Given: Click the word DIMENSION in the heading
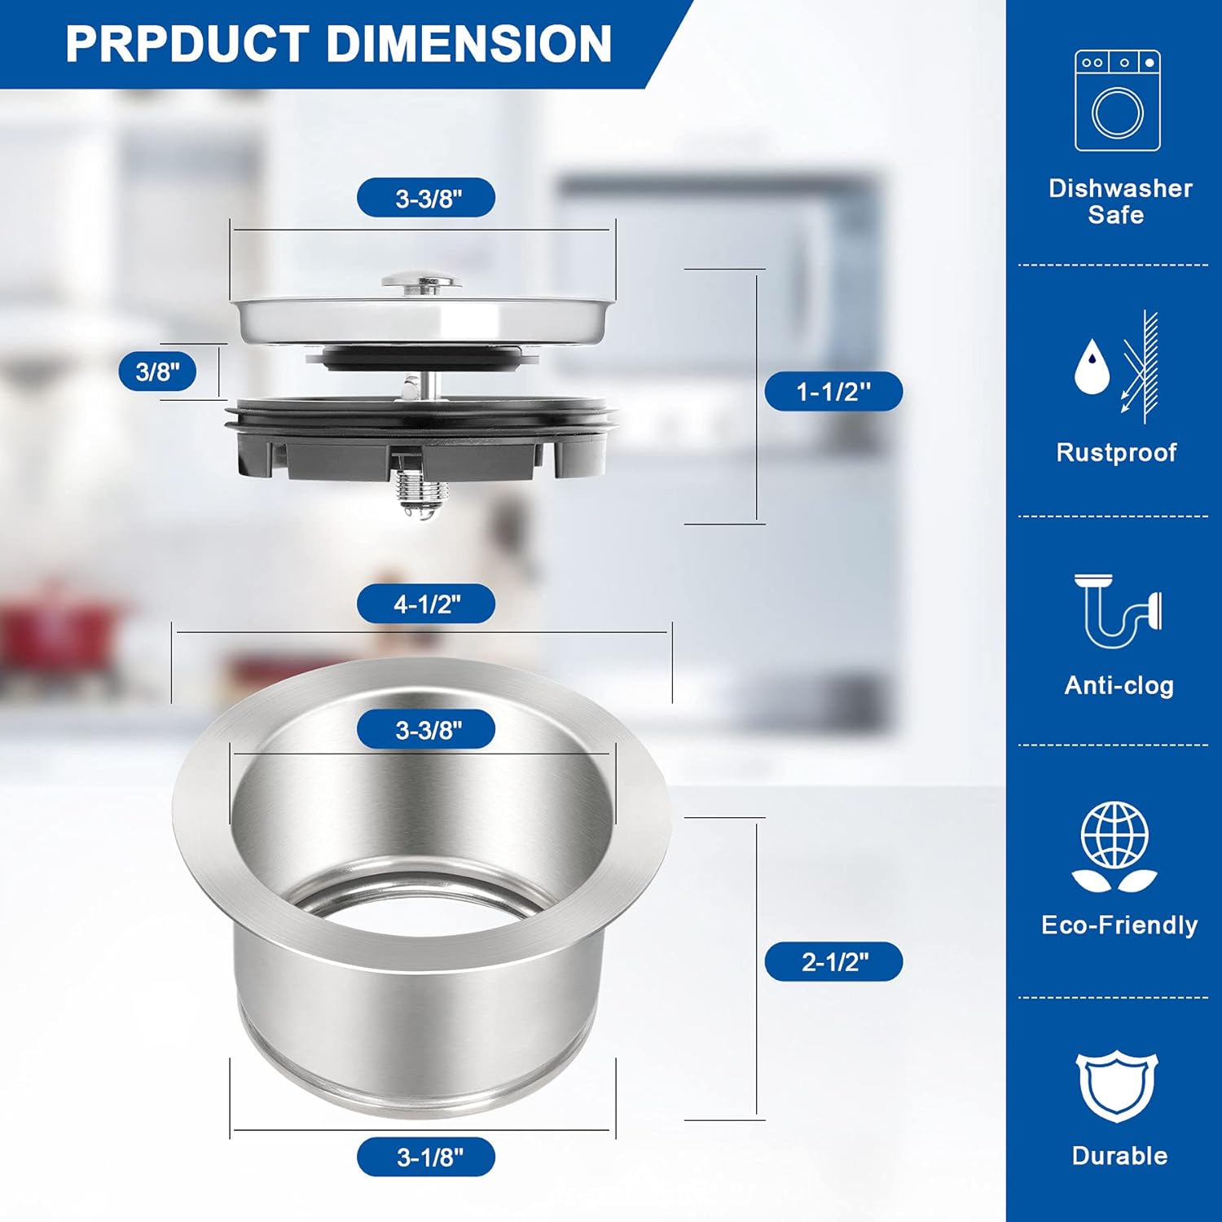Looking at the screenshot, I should tap(469, 44).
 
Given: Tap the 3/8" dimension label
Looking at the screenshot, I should tap(157, 372).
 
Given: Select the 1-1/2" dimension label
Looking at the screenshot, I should tap(833, 392).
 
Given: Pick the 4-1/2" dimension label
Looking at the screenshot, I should tap(426, 604).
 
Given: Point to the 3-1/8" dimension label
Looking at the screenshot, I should tap(427, 1157).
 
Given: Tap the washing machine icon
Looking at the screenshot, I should tap(1117, 101).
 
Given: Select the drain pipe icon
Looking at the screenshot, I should tap(1117, 611).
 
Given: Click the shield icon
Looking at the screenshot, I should tap(1117, 1087).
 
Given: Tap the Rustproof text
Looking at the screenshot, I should tap(1116, 452).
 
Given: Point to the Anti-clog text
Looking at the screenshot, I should tap(1119, 686).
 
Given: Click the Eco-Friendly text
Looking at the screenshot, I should tap(1119, 925).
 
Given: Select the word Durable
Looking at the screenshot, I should tap(1119, 1155).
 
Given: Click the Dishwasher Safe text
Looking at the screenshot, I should tap(1119, 201).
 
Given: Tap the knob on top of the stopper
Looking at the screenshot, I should tap(422, 281).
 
